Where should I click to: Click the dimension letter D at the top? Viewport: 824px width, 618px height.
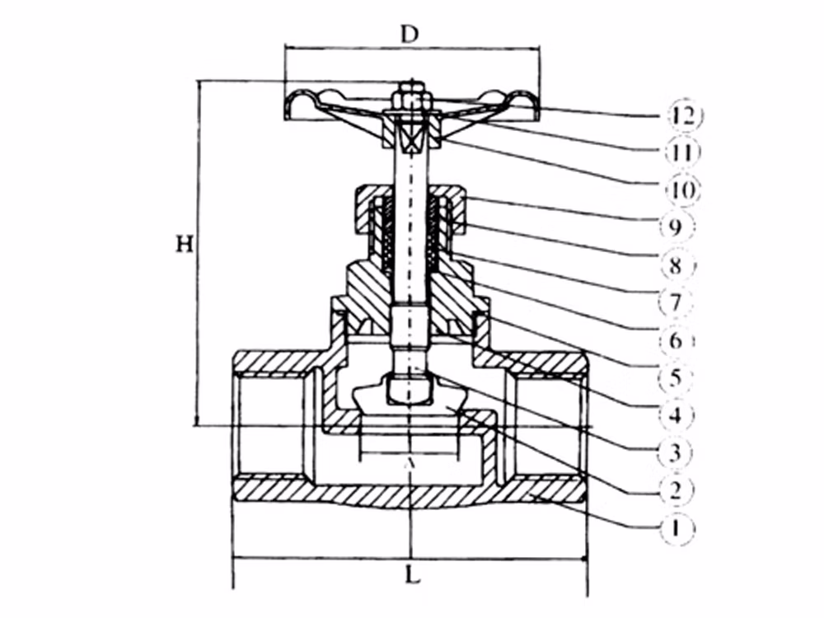[x=410, y=34]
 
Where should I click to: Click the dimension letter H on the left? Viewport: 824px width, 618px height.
[x=185, y=244]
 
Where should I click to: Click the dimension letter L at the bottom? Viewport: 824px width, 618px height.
[x=413, y=575]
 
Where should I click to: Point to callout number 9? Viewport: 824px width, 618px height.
[x=677, y=227]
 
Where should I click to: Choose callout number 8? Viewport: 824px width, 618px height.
[x=677, y=265]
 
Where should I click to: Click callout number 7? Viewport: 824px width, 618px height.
[x=677, y=302]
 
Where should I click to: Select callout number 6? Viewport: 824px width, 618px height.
[x=677, y=340]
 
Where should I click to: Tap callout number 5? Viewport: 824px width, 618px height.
[x=677, y=377]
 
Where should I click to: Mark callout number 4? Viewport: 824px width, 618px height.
[x=677, y=415]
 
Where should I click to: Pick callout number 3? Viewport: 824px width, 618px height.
[x=677, y=452]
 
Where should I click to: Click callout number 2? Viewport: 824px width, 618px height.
[x=677, y=489]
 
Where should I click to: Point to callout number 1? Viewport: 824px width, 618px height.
[x=677, y=527]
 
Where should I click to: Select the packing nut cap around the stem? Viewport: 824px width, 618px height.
[x=411, y=208]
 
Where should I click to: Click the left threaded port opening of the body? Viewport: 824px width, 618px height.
[x=269, y=426]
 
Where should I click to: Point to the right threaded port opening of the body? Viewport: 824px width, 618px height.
[x=550, y=427]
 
